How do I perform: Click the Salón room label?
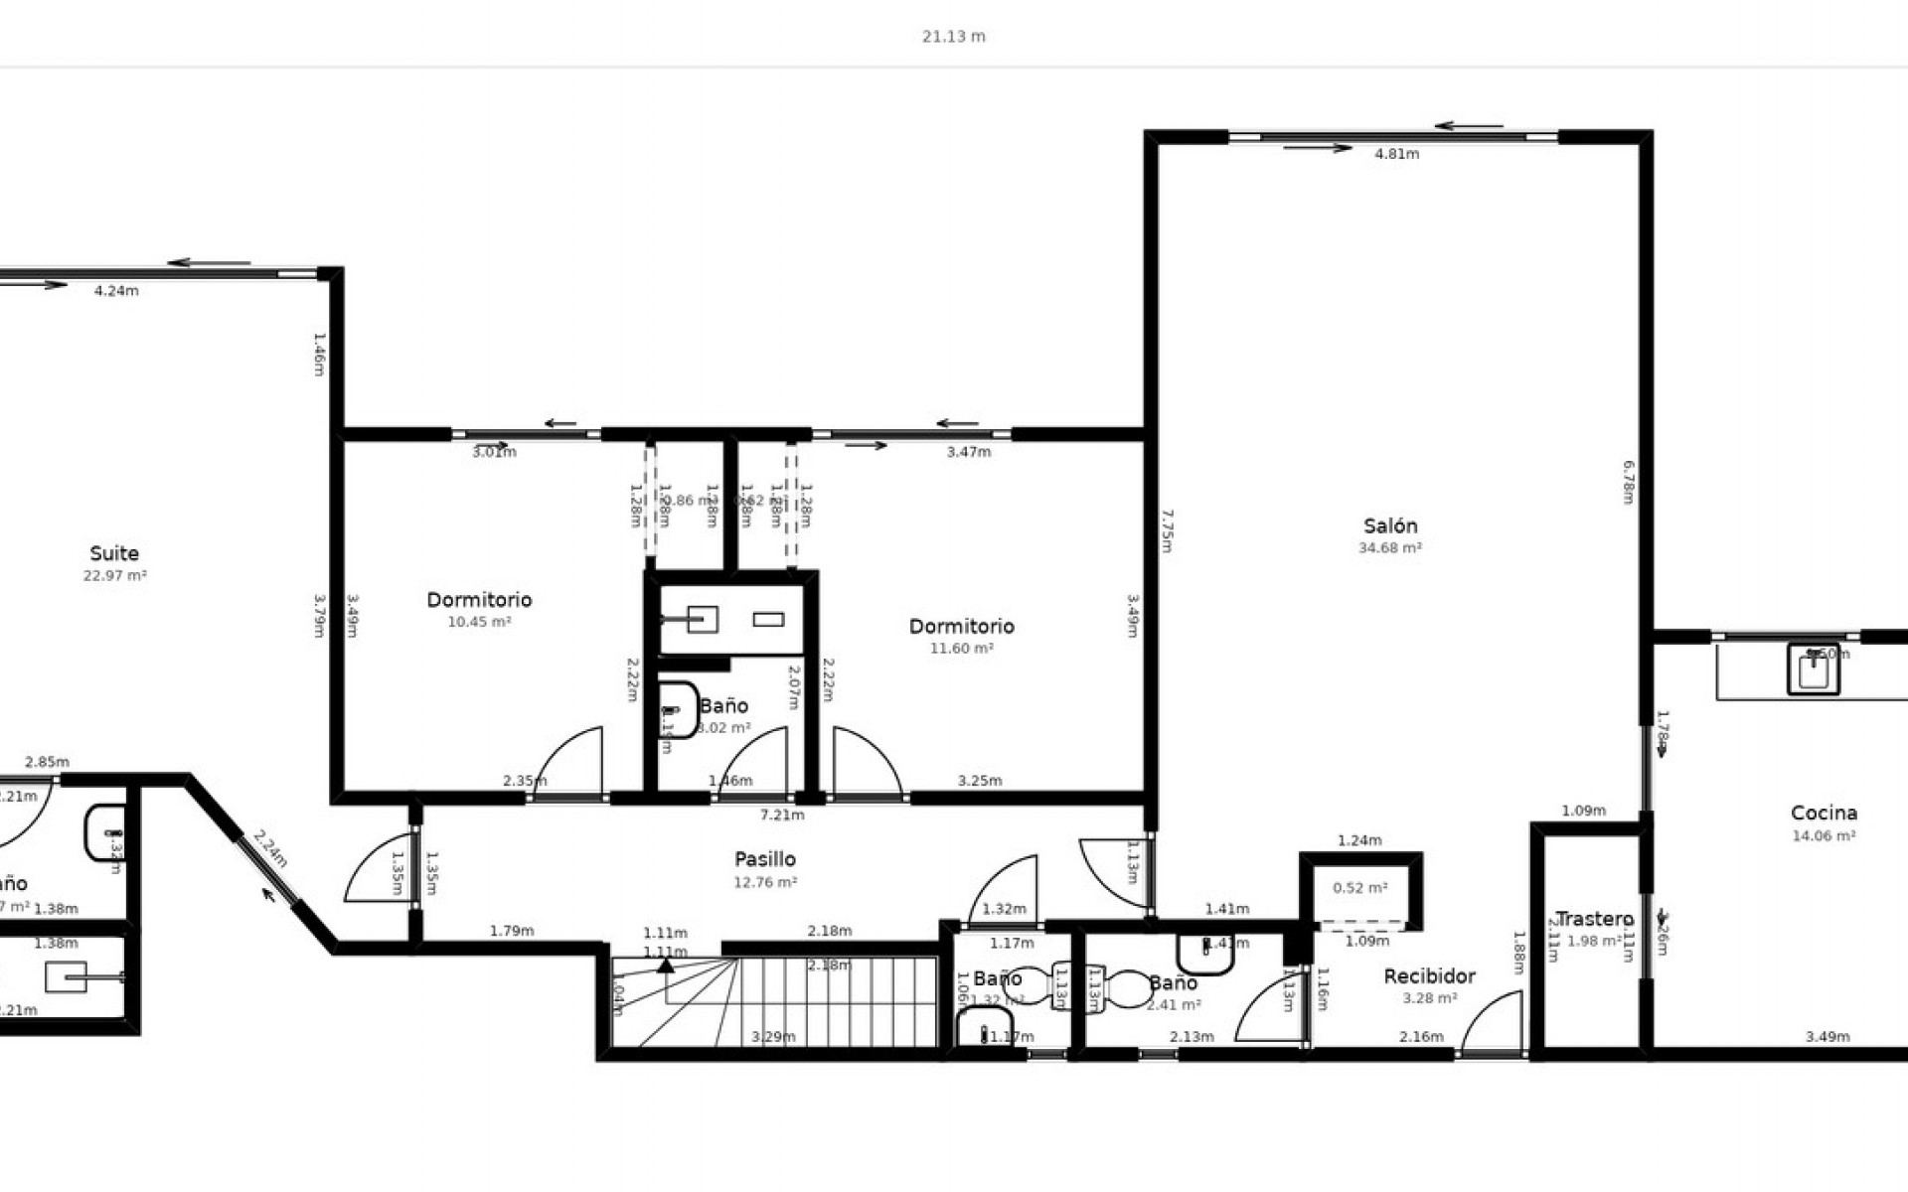[x=1389, y=526]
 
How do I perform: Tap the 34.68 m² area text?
[x=1389, y=548]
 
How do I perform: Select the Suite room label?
[x=114, y=553]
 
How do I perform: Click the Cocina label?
[x=1824, y=814]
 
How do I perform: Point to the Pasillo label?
[x=764, y=859]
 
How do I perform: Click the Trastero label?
[x=1594, y=919]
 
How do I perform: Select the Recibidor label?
[x=1429, y=976]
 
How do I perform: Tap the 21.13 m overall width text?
[x=953, y=37]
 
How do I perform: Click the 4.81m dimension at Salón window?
[x=1396, y=154]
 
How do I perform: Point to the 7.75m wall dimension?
[x=1168, y=531]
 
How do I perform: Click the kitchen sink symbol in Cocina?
[x=1813, y=669]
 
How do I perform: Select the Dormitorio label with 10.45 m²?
[x=479, y=600]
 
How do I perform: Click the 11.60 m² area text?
[x=961, y=649]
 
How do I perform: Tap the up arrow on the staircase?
[x=665, y=964]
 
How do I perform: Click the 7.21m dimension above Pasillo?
[x=782, y=816]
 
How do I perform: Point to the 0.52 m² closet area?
[x=1359, y=888]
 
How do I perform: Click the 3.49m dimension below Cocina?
[x=1827, y=1037]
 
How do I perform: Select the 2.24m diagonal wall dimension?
[x=269, y=850]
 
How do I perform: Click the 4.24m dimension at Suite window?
[x=116, y=291]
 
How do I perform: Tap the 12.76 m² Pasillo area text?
[x=764, y=882]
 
